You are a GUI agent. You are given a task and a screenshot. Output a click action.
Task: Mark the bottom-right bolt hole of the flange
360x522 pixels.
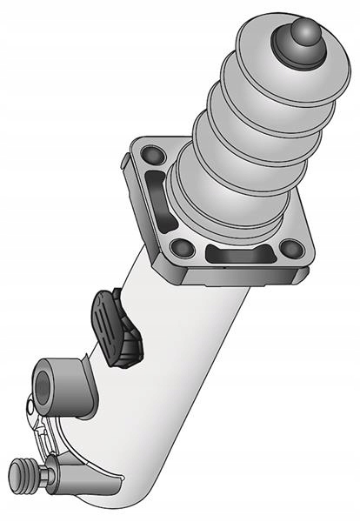point(292,250)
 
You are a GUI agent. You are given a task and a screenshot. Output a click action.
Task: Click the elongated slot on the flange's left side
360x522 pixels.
point(155,197)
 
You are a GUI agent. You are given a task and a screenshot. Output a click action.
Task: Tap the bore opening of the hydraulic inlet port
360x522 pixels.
point(43,381)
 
